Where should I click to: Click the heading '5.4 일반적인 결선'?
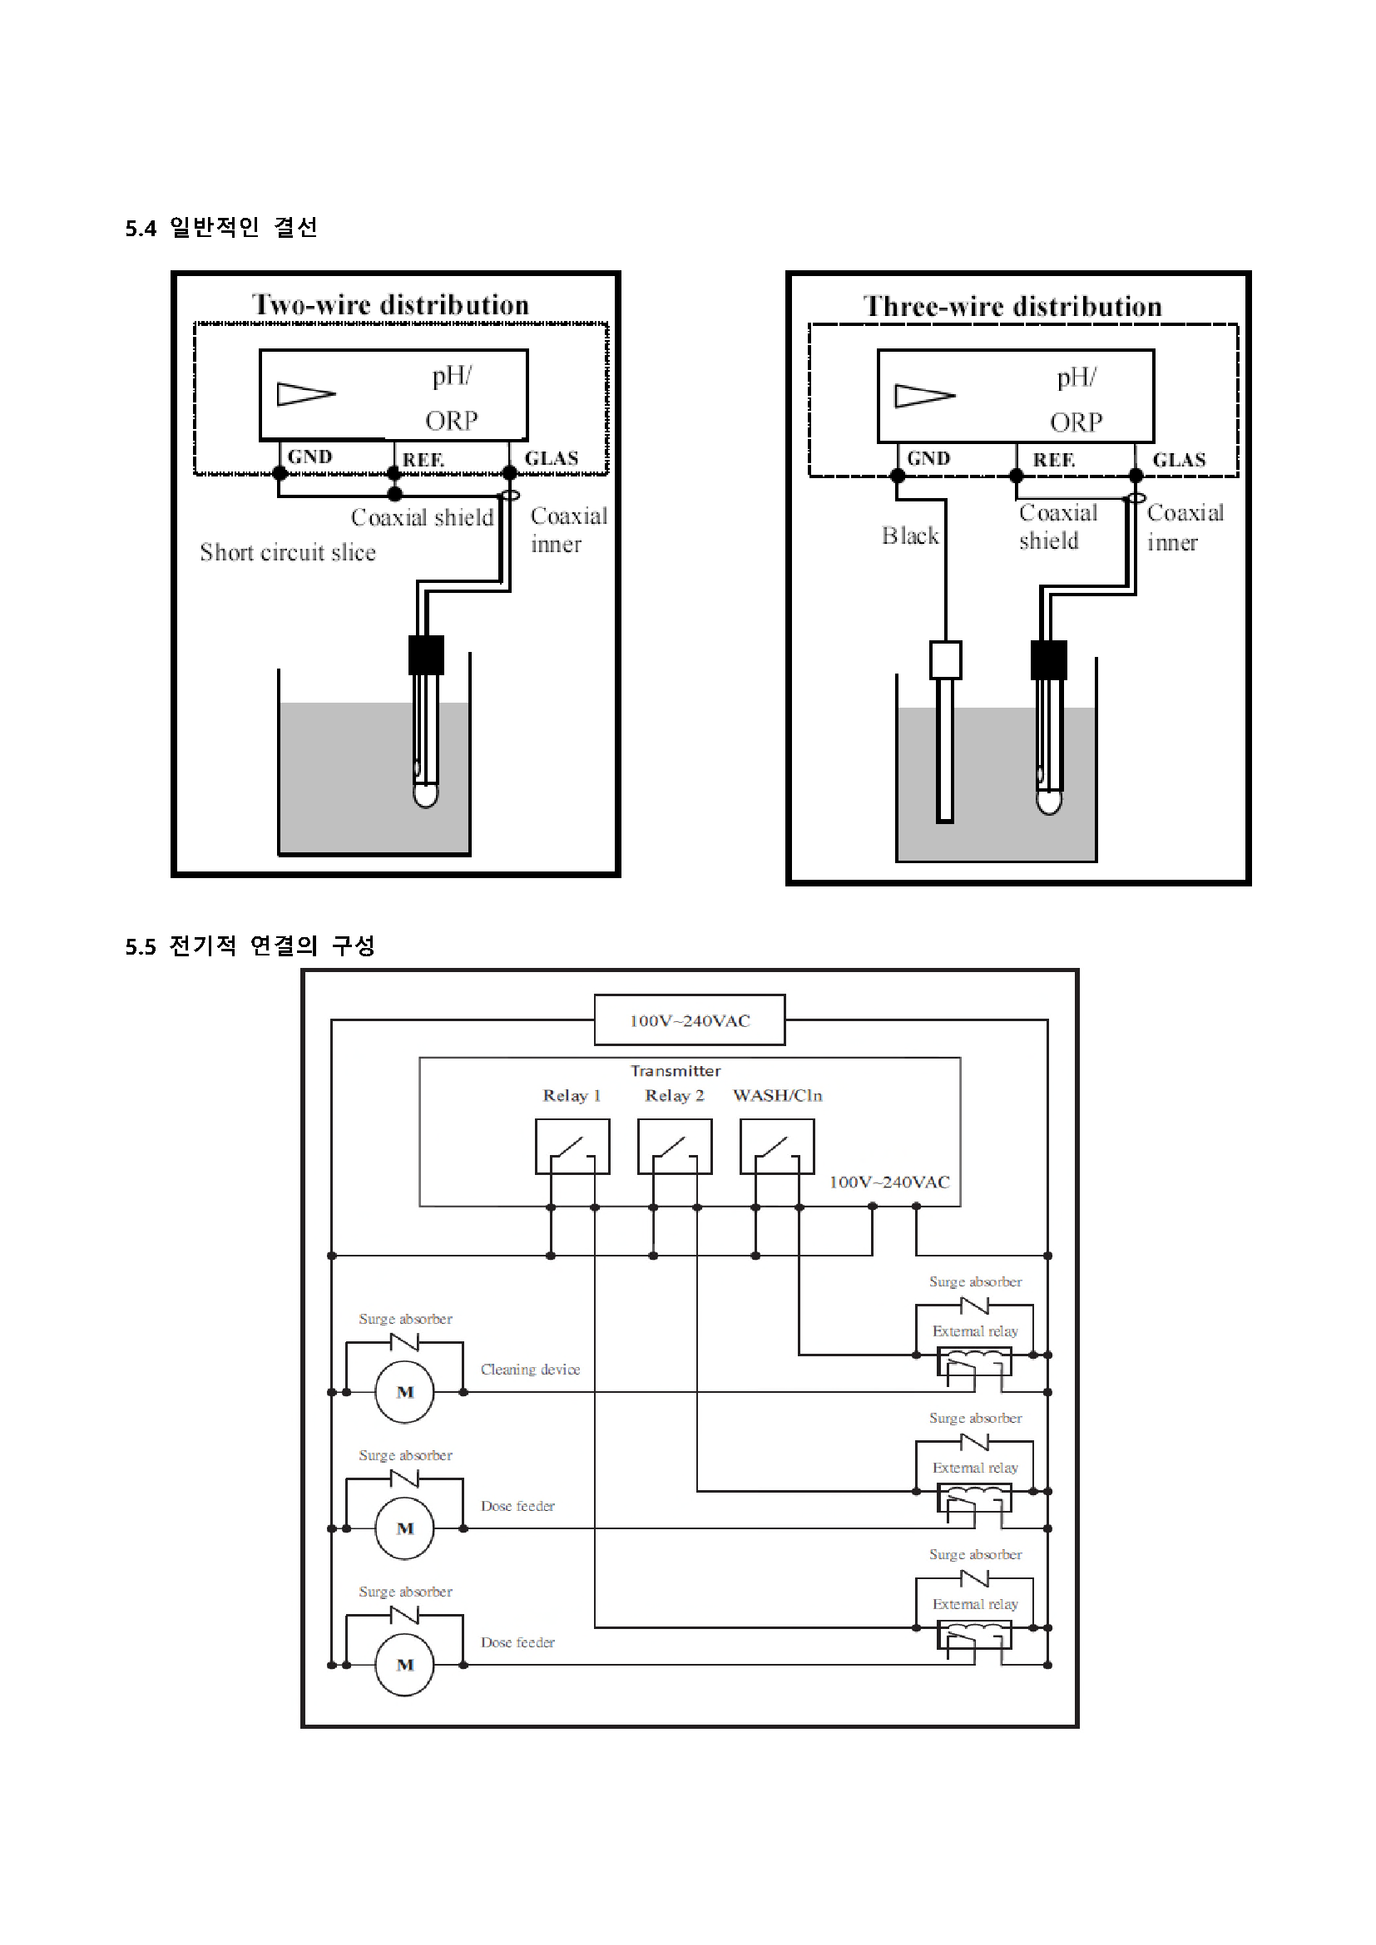(221, 227)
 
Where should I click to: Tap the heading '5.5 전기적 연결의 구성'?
(250, 945)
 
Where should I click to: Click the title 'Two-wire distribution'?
(391, 305)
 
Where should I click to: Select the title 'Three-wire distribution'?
(1012, 307)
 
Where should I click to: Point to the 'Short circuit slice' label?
(288, 552)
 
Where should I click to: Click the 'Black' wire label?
(910, 536)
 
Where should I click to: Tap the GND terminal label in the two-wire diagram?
(310, 457)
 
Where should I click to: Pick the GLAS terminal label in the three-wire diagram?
(1179, 460)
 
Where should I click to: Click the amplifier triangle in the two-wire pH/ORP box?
(306, 394)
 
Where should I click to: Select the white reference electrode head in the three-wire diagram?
(946, 660)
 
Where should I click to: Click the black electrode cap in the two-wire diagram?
(426, 654)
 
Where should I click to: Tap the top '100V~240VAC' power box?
(690, 1020)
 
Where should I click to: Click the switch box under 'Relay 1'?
(572, 1146)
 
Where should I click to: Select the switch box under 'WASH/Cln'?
(777, 1146)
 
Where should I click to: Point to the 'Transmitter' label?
(676, 1071)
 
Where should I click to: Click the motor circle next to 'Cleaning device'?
(405, 1392)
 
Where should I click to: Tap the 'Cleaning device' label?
(531, 1369)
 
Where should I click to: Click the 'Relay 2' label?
(675, 1095)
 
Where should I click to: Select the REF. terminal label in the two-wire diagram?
(423, 459)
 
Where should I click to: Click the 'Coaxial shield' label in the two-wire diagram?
(422, 516)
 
